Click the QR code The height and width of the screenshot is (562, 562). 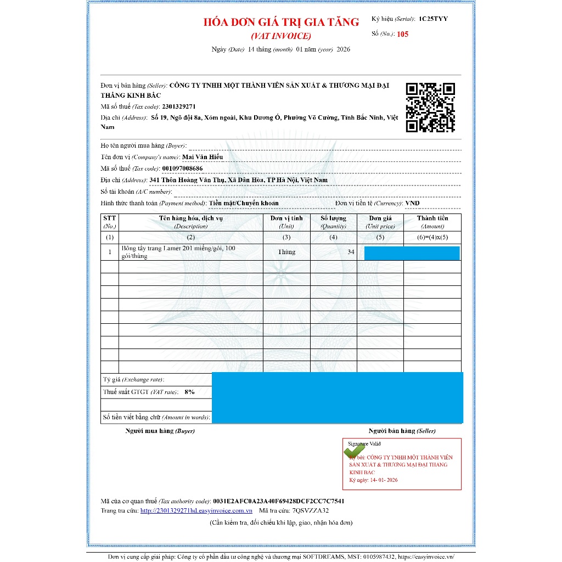430,108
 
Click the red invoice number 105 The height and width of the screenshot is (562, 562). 403,34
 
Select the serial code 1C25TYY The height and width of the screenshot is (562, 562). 433,19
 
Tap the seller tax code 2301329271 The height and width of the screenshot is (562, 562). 179,106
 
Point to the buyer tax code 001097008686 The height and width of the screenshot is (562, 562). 182,168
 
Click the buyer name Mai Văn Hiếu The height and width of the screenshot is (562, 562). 203,157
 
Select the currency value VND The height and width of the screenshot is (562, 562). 412,203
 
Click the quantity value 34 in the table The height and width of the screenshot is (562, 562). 351,252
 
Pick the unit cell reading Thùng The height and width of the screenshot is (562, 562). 286,252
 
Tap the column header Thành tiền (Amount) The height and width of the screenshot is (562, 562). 432,222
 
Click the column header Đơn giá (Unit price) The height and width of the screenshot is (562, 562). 380,222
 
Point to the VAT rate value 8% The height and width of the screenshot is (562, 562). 189,392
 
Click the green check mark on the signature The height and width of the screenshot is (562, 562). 353,451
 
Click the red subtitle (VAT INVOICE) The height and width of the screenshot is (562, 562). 281,36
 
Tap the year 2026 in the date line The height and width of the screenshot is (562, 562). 343,49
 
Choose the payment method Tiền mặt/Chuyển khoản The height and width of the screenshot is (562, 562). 244,203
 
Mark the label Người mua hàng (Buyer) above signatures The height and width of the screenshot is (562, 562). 160,431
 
